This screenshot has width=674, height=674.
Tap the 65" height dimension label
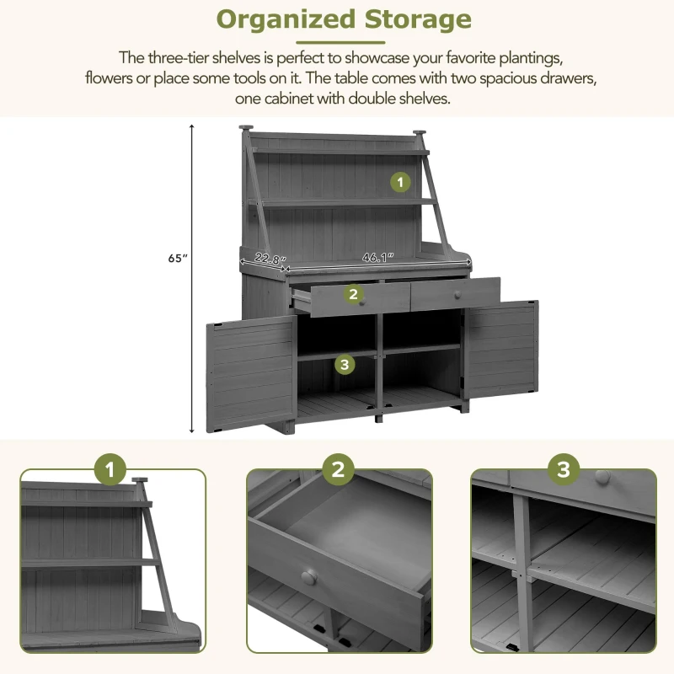[x=175, y=259]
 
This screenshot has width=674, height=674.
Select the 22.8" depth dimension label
[x=270, y=259]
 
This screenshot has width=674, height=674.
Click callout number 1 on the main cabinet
[x=400, y=181]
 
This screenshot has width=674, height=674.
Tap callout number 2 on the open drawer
[x=353, y=293]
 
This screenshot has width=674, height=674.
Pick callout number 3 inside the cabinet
[x=344, y=364]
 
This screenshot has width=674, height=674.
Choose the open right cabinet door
[x=501, y=350]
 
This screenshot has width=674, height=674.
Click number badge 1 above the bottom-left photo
[x=110, y=470]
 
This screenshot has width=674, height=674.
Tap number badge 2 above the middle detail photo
[x=338, y=470]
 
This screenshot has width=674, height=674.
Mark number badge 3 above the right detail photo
[x=564, y=470]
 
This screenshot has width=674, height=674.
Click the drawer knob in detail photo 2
[x=309, y=577]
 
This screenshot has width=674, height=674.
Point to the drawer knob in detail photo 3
[x=602, y=477]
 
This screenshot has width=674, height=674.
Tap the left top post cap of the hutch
[x=245, y=129]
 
